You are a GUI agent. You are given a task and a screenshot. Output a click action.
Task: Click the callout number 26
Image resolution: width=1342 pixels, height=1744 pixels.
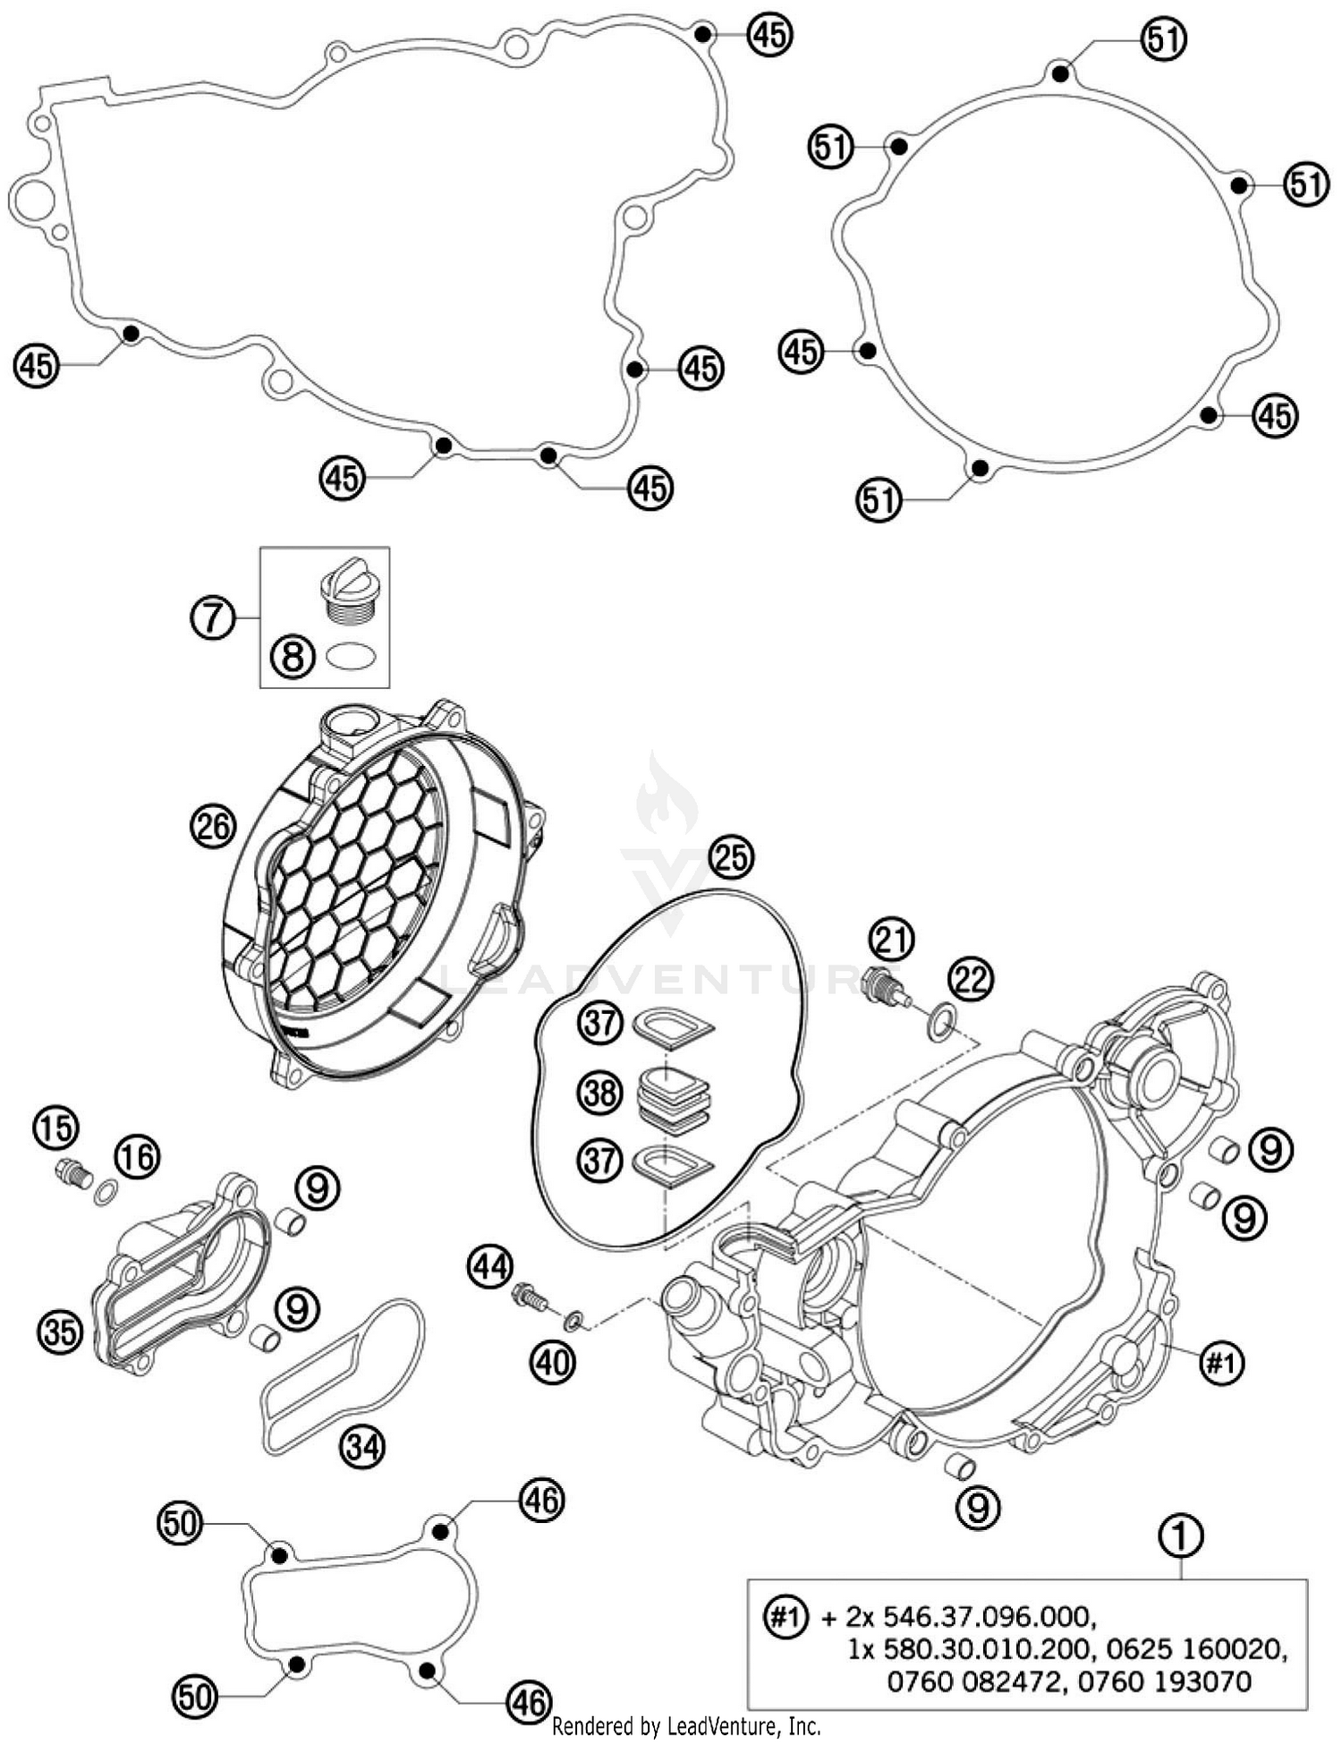tap(213, 825)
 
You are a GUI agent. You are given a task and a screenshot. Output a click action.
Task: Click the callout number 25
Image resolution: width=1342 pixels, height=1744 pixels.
tap(731, 857)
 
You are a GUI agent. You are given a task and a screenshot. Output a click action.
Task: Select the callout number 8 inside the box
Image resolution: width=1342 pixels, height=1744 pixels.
tap(294, 658)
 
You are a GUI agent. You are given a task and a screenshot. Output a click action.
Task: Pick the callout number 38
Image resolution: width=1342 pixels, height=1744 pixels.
tap(599, 1093)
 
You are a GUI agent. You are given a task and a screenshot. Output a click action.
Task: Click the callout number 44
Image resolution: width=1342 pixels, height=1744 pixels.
tap(490, 1266)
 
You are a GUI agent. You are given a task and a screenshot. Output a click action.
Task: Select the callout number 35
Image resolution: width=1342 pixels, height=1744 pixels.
tap(60, 1331)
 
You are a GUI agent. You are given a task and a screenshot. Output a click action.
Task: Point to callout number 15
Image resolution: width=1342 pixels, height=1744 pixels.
tap(55, 1127)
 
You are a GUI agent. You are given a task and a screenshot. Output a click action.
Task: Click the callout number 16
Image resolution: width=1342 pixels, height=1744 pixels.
tap(136, 1157)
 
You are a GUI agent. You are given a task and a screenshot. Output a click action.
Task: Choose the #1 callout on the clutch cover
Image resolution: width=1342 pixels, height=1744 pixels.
tap(1220, 1363)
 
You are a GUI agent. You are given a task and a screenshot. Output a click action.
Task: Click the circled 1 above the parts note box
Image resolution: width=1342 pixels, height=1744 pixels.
tap(1181, 1536)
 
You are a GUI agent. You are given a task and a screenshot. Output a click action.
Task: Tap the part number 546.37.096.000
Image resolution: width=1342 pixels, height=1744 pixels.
tap(987, 1616)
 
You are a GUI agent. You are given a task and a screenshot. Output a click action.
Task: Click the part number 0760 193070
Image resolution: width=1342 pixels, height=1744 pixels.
tap(1164, 1681)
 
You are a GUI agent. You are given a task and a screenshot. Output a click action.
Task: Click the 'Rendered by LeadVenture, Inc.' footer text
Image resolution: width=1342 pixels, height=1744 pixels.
tap(686, 1725)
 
